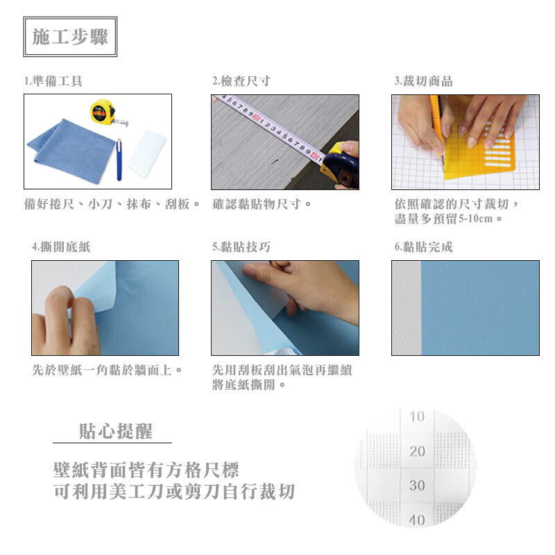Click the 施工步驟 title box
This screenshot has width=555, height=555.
[x=70, y=37]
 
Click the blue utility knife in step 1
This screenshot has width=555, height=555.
[x=119, y=160]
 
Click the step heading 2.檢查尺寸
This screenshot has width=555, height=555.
[x=241, y=81]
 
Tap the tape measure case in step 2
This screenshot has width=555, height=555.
[x=341, y=164]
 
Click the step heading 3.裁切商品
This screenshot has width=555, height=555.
[x=424, y=81]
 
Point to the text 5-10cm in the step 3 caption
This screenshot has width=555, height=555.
[x=475, y=219]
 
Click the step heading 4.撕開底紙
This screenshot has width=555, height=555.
[x=61, y=247]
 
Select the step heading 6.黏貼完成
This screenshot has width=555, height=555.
[x=424, y=247]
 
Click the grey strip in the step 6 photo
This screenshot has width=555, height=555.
[x=407, y=308]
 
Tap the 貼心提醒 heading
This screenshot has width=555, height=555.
[x=116, y=431]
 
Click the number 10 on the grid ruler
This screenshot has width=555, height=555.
[x=417, y=416]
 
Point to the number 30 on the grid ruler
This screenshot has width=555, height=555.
[x=417, y=485]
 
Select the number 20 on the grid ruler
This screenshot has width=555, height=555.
[x=417, y=451]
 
